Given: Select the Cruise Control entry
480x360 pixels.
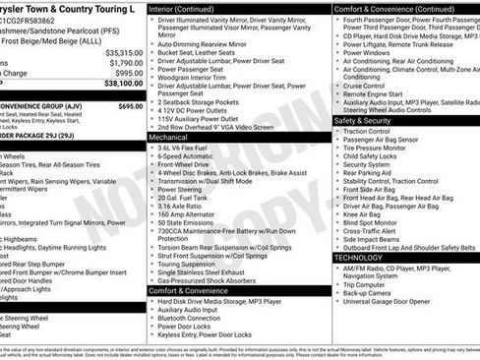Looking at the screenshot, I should [x=363, y=85].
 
